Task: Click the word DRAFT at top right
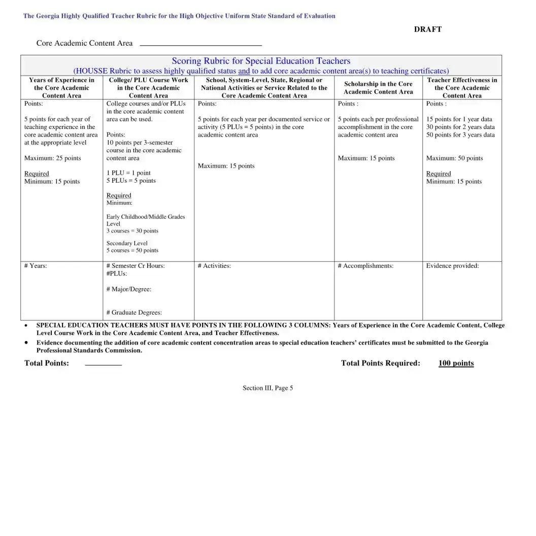pyautogui.click(x=427, y=29)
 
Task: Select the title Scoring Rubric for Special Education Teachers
pyautogui.click(x=261, y=61)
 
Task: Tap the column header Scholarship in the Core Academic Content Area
pyautogui.click(x=378, y=88)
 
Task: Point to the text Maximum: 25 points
pyautogui.click(x=53, y=158)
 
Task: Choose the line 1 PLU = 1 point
pyautogui.click(x=128, y=173)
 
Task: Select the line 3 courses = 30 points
pyautogui.click(x=132, y=231)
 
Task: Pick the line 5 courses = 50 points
pyautogui.click(x=132, y=250)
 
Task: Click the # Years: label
pyautogui.click(x=36, y=266)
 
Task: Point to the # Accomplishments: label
pyautogui.click(x=365, y=266)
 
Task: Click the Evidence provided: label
pyautogui.click(x=452, y=266)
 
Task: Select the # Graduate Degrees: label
pyautogui.click(x=134, y=313)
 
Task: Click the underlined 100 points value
pyautogui.click(x=456, y=363)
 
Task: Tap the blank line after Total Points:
pyautogui.click(x=103, y=364)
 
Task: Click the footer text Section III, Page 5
pyautogui.click(x=267, y=388)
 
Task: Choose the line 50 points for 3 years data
pyautogui.click(x=460, y=135)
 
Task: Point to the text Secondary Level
pyautogui.click(x=127, y=244)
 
